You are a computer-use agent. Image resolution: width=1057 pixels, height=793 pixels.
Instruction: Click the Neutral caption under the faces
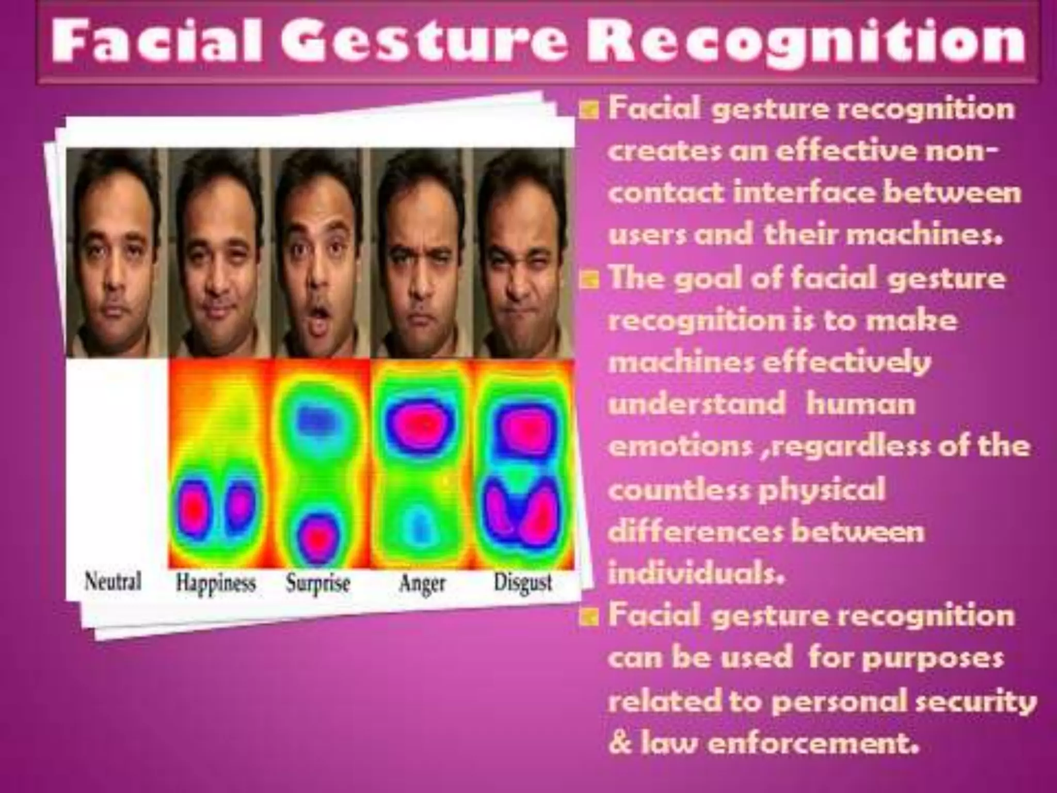[x=113, y=582]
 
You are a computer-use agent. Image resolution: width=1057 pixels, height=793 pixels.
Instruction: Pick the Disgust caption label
[x=523, y=582]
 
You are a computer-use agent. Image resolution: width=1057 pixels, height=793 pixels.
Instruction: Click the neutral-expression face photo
[x=116, y=253]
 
